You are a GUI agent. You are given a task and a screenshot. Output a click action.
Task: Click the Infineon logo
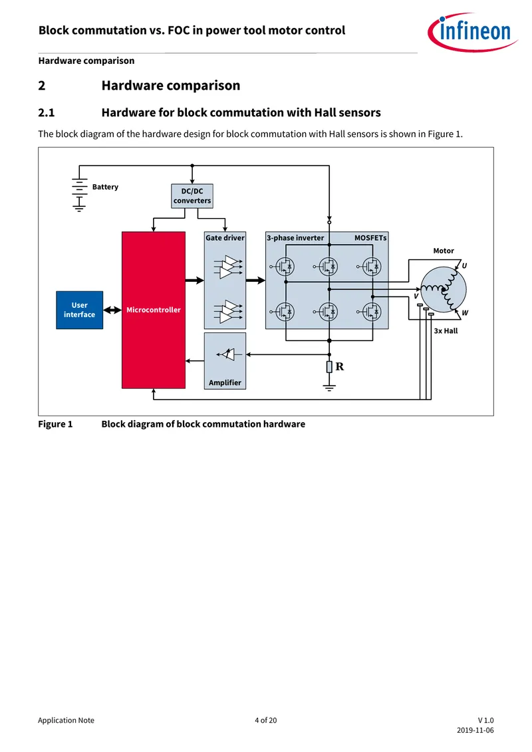(472, 32)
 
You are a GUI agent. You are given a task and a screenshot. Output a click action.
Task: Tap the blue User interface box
(80, 310)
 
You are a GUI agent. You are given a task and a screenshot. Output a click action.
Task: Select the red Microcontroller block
(154, 310)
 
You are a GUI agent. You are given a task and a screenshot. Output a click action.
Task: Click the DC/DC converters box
(192, 195)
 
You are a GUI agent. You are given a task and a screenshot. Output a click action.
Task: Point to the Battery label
(105, 187)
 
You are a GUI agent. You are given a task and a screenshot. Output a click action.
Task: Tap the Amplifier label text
(225, 383)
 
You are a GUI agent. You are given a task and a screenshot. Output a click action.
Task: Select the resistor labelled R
(329, 367)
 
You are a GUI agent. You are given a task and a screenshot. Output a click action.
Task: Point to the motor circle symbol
(444, 290)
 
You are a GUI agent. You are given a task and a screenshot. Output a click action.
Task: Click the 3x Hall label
(446, 331)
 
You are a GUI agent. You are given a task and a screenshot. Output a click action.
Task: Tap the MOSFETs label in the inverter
(370, 238)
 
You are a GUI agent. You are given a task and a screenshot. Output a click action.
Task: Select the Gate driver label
(225, 238)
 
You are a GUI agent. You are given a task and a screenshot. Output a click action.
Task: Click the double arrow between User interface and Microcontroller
(112, 310)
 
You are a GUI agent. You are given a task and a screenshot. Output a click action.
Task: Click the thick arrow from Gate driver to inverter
(255, 280)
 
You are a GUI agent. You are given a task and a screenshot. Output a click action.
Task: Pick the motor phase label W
(465, 313)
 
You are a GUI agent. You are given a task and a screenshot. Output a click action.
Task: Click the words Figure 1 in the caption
(55, 424)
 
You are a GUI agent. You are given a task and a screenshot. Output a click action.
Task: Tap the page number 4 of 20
(266, 720)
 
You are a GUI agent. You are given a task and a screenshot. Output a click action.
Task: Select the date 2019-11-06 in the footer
(475, 731)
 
